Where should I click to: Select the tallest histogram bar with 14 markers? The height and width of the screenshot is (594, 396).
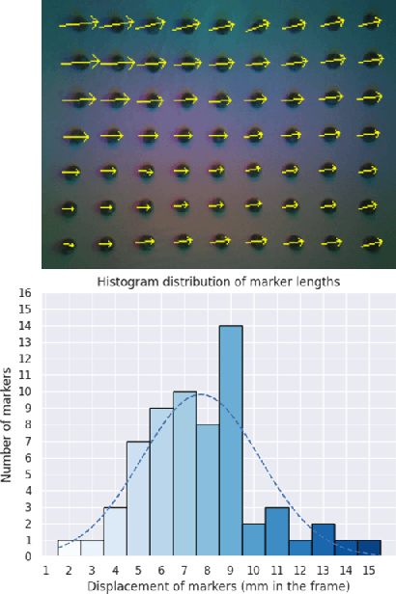(231, 441)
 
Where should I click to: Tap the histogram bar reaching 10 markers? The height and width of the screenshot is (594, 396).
(184, 473)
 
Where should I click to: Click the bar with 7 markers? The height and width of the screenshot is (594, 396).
(138, 499)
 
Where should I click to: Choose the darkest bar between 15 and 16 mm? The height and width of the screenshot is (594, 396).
(369, 548)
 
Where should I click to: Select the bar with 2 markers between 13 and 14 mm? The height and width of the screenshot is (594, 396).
(323, 540)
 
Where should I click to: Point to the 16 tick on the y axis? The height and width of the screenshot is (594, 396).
(26, 292)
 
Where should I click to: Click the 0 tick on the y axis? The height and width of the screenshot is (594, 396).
(29, 556)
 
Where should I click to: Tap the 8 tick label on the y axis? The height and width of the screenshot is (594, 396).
(29, 424)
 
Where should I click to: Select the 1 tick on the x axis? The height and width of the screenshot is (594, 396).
(45, 570)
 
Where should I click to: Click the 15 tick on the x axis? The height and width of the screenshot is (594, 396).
(369, 570)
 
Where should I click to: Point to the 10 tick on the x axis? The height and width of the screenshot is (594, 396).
(254, 570)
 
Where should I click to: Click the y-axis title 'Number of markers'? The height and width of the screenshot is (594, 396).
(9, 424)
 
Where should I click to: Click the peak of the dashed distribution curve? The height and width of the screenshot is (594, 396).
(200, 393)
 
